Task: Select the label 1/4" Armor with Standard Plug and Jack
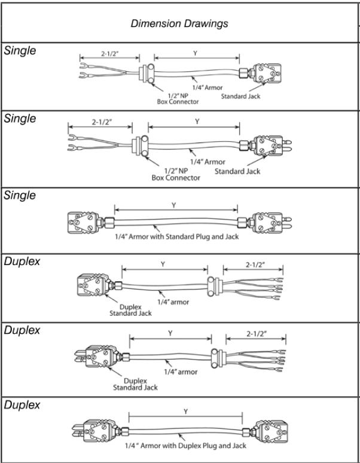[176, 237]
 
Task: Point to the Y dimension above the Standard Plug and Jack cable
[174, 205]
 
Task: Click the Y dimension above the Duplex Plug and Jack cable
[185, 411]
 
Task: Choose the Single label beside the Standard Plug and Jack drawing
[20, 196]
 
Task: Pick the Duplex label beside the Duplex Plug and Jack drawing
[22, 405]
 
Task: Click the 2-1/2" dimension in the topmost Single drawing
[111, 53]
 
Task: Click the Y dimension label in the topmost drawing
[195, 53]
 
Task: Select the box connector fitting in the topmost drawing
[147, 75]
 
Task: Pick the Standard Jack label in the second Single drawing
[237, 171]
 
